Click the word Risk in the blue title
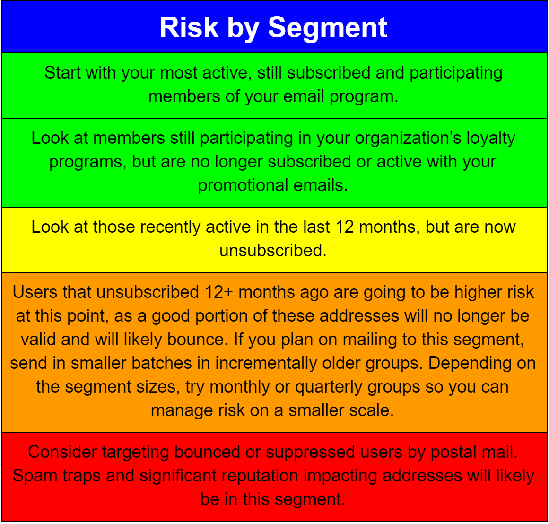189,27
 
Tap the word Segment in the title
328,28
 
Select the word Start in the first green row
62,73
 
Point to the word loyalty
491,139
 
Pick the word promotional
244,186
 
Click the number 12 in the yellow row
345,227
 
